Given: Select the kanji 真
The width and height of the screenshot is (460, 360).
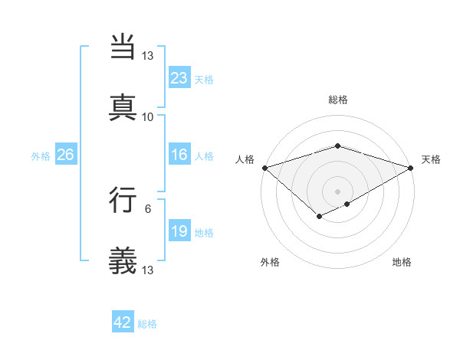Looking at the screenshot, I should pos(123,107).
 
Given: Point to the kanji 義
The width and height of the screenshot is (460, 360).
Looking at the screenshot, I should pos(123,261).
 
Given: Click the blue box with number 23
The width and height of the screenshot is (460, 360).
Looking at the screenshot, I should pos(179,77).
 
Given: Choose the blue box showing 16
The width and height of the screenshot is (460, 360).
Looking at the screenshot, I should pos(179,155).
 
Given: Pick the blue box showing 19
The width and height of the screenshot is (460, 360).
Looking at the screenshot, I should pos(179,231).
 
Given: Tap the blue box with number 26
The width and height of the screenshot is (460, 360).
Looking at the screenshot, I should pos(66,155).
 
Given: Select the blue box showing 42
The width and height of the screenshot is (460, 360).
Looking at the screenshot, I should pos(123,322).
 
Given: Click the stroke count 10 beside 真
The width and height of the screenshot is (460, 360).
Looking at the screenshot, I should pos(148,116).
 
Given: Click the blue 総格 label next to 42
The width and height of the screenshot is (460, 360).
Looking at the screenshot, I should pos(147,324).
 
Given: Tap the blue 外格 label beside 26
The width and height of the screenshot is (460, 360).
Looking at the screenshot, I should pos(41,155).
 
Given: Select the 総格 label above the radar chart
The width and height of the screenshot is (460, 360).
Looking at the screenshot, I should pos(338,100).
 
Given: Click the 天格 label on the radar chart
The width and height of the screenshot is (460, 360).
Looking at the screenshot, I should pos(431,159).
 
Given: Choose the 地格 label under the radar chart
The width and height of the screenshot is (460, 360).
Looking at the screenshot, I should pos(402,262).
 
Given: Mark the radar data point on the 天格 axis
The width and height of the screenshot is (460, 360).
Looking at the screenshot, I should pos(412,168).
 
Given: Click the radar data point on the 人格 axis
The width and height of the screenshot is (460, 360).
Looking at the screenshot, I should pos(264,168).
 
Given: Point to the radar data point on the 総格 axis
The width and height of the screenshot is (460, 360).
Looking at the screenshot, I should pos(338,146).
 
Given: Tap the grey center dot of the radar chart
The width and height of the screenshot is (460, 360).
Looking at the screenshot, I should pos(338,191).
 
